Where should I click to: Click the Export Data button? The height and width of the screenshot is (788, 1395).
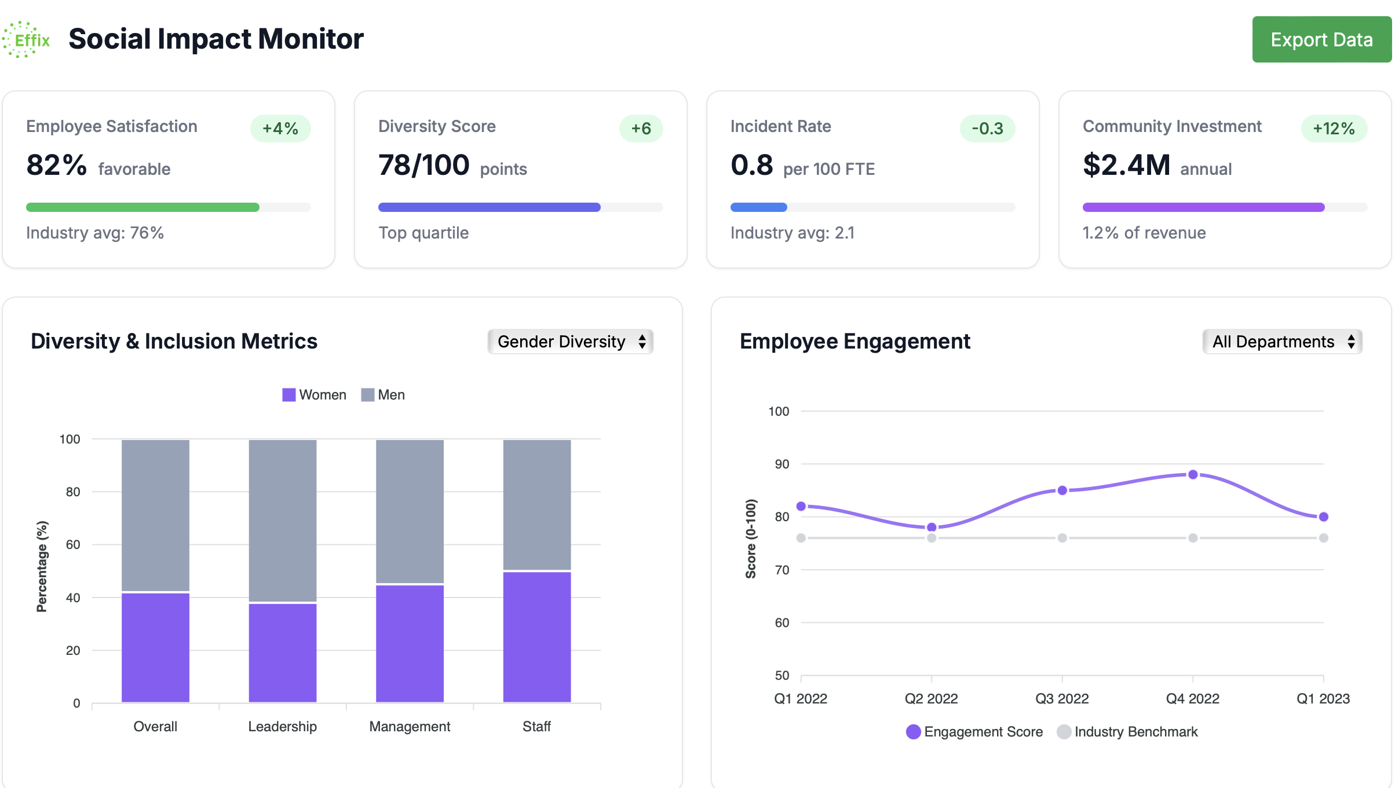(x=1321, y=39)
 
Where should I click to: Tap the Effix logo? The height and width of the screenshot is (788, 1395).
(x=26, y=39)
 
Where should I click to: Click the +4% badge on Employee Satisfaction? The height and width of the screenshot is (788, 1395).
(x=280, y=129)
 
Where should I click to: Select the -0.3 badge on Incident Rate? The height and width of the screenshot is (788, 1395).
(x=987, y=129)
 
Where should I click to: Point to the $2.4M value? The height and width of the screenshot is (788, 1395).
(x=1126, y=165)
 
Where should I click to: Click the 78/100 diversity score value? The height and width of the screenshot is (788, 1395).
(x=423, y=165)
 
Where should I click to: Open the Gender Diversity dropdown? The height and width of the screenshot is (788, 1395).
(x=571, y=342)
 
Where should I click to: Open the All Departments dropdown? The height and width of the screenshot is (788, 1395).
(x=1282, y=342)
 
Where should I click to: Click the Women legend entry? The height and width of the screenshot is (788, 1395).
(x=315, y=395)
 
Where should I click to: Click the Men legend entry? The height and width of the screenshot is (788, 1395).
(x=384, y=395)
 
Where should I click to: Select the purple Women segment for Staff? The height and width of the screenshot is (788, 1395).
(x=537, y=637)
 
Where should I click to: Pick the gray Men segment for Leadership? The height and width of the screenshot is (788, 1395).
(x=283, y=521)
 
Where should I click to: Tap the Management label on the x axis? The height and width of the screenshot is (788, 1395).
(x=410, y=727)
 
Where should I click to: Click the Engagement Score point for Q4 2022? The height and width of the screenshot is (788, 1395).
(x=1193, y=475)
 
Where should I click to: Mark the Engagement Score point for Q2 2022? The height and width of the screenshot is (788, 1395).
(x=932, y=527)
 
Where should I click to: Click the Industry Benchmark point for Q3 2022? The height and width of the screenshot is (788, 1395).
(x=1062, y=538)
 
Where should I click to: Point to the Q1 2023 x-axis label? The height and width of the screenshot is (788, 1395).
(x=1323, y=699)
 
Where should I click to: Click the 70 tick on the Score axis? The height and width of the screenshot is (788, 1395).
(x=782, y=570)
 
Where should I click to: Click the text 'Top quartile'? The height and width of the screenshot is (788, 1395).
(x=423, y=233)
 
